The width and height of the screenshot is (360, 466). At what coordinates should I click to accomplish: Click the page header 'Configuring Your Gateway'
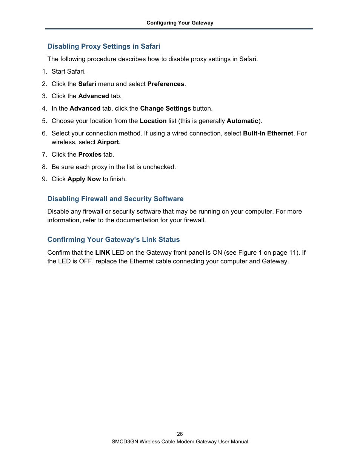[x=180, y=23]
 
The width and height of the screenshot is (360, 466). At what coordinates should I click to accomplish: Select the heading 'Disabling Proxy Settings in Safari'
[x=104, y=46]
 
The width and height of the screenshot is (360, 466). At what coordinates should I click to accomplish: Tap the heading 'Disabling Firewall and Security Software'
[x=115, y=199]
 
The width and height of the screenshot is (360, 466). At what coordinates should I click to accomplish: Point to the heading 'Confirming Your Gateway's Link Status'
[x=113, y=240]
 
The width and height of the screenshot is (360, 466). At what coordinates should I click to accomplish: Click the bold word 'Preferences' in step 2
[x=166, y=84]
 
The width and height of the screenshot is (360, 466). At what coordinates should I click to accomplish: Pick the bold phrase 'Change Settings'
[x=165, y=108]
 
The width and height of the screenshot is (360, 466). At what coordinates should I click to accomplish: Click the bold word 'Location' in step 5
[x=153, y=121]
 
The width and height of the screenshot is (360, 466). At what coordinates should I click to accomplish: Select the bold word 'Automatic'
[x=242, y=121]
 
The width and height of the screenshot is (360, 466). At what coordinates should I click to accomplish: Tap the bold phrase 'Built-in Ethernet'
[x=268, y=133]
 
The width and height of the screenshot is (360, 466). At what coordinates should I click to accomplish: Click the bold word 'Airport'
[x=108, y=142]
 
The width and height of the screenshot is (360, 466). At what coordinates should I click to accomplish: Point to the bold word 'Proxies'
[x=90, y=154]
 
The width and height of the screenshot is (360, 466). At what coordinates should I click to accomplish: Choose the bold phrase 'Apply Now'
[x=84, y=179]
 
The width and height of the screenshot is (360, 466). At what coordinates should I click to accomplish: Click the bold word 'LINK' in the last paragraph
[x=103, y=252]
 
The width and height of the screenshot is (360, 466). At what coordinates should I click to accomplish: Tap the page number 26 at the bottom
[x=180, y=434]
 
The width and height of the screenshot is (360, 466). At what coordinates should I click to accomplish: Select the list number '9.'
[x=45, y=179]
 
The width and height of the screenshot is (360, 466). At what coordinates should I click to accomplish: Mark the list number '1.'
[x=45, y=71]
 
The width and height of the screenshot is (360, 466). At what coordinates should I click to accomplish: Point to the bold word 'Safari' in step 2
[x=87, y=84]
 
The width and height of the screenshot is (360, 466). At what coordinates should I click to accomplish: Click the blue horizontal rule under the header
[x=179, y=29]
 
